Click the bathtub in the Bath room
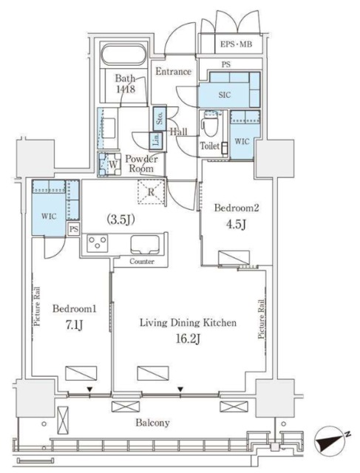click(123, 55)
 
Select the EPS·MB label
click(236, 44)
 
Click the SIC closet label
click(225, 95)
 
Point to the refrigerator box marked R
click(151, 192)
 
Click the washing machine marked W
click(109, 164)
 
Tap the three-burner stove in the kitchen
click(97, 243)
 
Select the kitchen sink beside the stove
click(145, 245)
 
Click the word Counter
click(142, 262)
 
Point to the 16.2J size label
click(189, 339)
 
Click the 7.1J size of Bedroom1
click(74, 325)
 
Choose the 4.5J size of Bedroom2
click(237, 225)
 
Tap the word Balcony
click(152, 423)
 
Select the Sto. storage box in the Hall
click(160, 118)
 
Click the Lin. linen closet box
click(157, 140)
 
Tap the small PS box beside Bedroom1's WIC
click(73, 229)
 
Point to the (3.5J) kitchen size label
click(120, 220)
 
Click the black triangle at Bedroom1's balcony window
click(89, 389)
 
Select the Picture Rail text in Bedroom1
click(38, 307)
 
